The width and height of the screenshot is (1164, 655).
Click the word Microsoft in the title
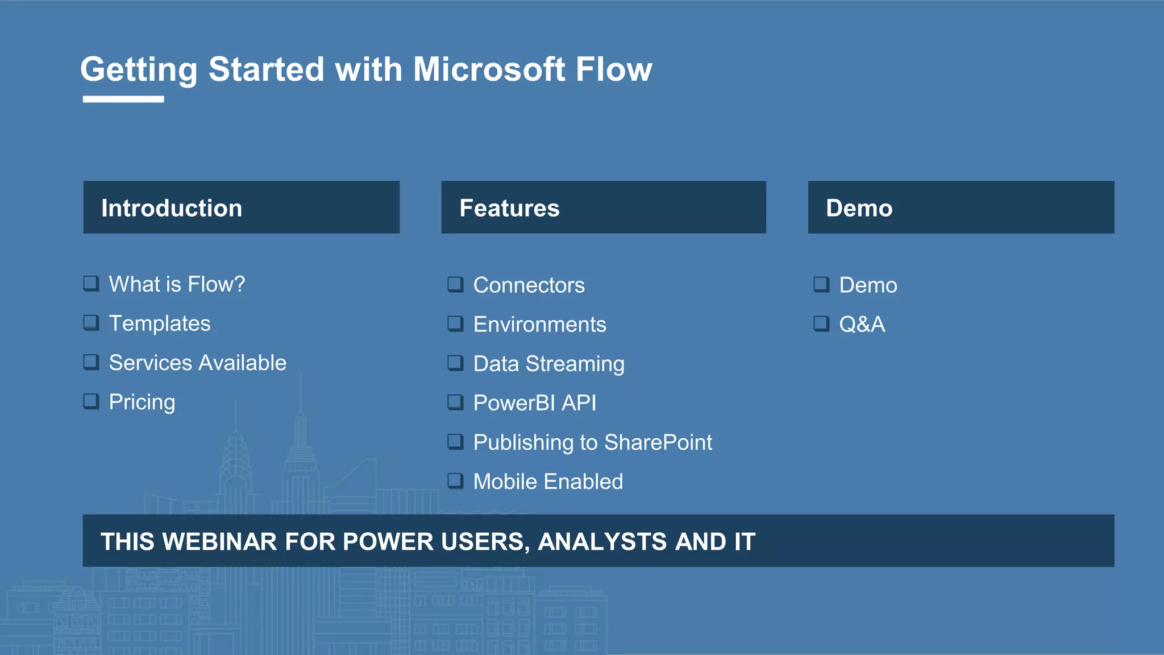[x=489, y=69]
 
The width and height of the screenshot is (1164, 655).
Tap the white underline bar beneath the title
[x=123, y=99]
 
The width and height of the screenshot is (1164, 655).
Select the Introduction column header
[x=172, y=208]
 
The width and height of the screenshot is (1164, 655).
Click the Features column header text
[x=509, y=208]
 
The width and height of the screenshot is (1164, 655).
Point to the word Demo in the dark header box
[x=859, y=208]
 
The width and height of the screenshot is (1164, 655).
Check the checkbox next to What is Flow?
[x=91, y=283]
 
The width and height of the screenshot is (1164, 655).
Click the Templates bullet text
[x=160, y=324]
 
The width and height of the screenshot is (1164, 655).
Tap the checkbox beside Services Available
[x=91, y=362]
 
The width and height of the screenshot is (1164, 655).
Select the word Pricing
[x=142, y=402]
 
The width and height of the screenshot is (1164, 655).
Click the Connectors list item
[x=529, y=285]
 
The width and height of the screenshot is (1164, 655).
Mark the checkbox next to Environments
[x=455, y=324]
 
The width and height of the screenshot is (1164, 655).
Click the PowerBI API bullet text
[x=535, y=403]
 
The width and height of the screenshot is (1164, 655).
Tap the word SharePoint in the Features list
[x=658, y=442]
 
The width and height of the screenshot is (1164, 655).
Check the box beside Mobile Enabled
[x=455, y=481]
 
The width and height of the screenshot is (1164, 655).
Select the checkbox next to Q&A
[x=821, y=324]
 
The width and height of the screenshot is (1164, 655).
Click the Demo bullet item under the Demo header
[x=868, y=285]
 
